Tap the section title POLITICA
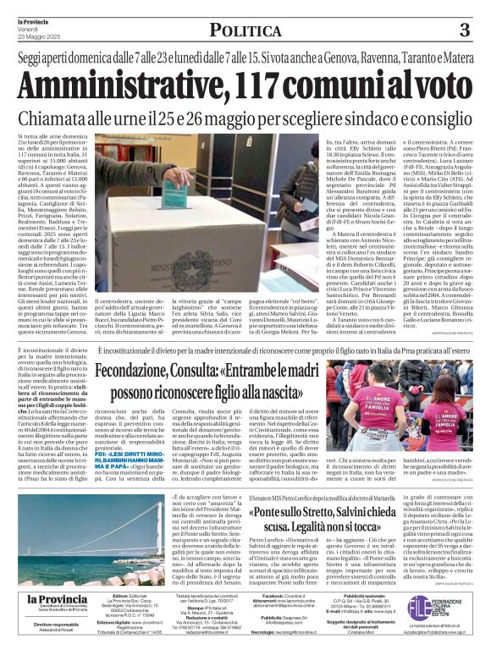point(245,31)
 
